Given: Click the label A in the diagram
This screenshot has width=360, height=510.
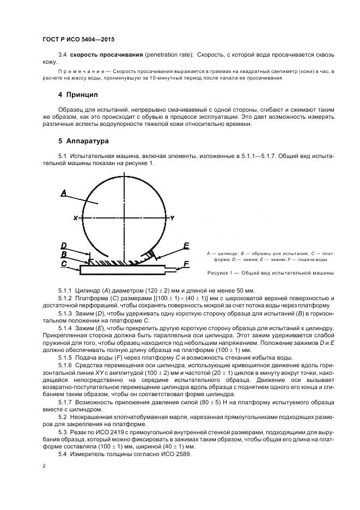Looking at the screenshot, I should click(x=64, y=192).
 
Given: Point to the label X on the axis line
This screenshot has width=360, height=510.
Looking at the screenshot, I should click(x=75, y=218).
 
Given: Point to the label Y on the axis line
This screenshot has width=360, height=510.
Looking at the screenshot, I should click(x=172, y=218).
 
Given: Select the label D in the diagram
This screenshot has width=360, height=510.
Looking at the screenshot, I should click(x=64, y=246).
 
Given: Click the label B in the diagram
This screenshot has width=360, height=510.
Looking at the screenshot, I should click(x=64, y=254).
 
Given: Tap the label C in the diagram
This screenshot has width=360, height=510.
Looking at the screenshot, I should click(x=64, y=264).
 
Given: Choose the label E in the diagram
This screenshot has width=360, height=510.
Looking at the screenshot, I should click(x=186, y=246).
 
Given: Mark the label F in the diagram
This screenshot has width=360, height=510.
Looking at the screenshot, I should click(x=186, y=264).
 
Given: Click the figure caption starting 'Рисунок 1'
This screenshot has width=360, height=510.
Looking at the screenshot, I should click(x=271, y=272).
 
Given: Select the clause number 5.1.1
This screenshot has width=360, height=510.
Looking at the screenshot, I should click(x=65, y=290).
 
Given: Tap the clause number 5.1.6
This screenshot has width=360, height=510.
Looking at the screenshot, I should click(x=65, y=365).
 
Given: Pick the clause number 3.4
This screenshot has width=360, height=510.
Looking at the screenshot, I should click(x=62, y=55).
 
